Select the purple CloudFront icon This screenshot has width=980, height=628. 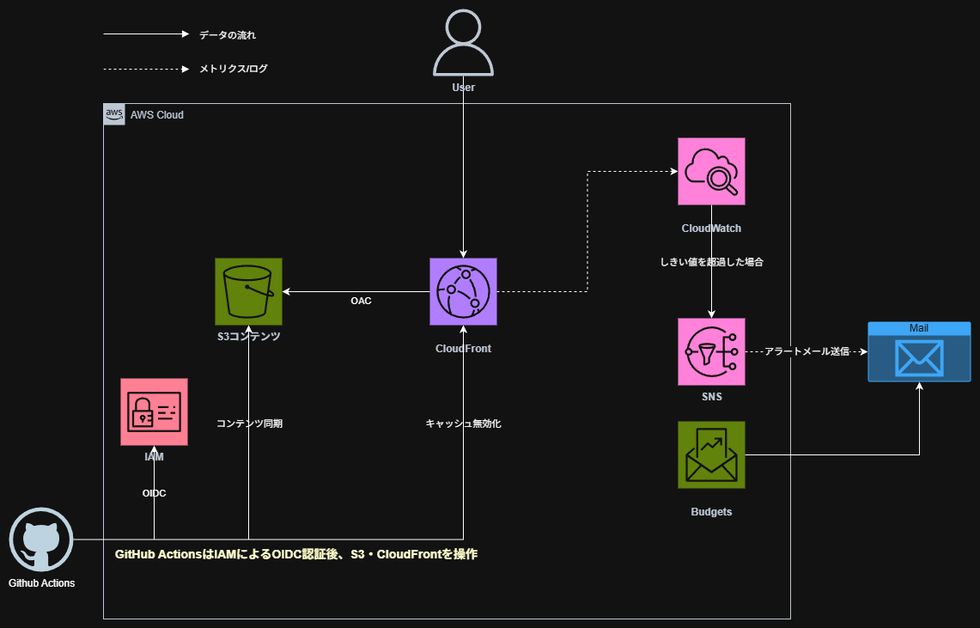click(463, 292)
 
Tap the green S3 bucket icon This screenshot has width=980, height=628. click(248, 292)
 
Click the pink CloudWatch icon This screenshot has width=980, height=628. click(711, 172)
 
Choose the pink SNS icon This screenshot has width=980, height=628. click(711, 351)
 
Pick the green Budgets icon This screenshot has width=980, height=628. click(711, 454)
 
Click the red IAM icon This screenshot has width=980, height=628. click(154, 412)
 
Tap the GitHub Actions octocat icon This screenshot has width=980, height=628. click(41, 540)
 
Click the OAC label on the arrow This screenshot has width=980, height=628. click(361, 302)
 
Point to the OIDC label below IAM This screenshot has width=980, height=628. click(154, 493)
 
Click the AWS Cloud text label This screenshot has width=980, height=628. click(156, 115)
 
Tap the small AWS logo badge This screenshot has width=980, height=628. click(114, 114)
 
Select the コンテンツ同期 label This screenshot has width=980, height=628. click(249, 424)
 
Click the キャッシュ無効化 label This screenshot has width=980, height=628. click(463, 424)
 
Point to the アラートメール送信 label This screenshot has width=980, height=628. click(806, 351)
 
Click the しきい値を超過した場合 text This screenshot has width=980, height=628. click(711, 262)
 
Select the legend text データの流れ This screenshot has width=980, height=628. click(228, 35)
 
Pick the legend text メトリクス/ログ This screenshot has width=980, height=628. click(234, 69)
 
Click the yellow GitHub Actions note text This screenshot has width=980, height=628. click(296, 555)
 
